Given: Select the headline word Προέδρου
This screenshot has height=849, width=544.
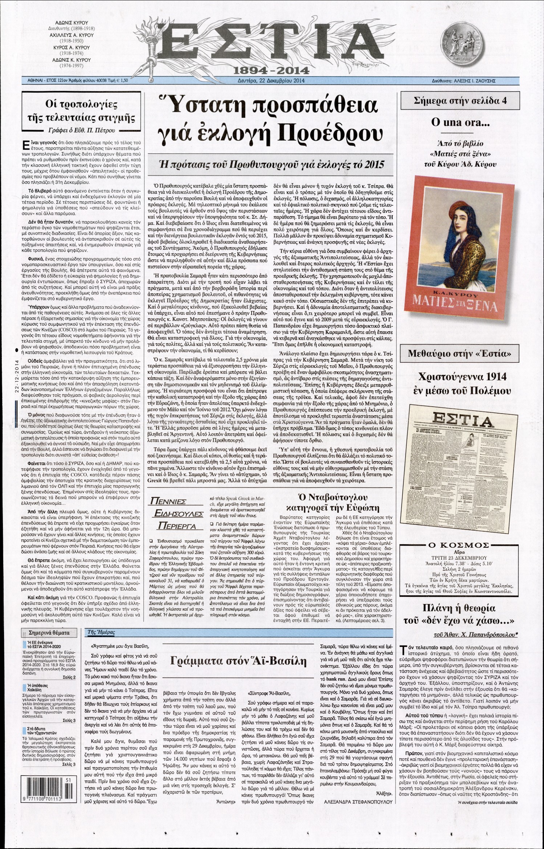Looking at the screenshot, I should point(330,133).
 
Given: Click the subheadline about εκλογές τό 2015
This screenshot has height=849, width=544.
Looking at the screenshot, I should point(272,164).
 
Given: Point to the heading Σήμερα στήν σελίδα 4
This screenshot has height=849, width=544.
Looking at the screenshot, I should point(460,101).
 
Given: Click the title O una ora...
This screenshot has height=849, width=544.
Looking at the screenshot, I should point(460,122).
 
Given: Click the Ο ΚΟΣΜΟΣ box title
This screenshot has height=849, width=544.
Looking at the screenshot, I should point(459,545).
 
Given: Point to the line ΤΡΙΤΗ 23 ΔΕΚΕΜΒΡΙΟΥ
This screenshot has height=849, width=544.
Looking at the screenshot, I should point(459,558).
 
